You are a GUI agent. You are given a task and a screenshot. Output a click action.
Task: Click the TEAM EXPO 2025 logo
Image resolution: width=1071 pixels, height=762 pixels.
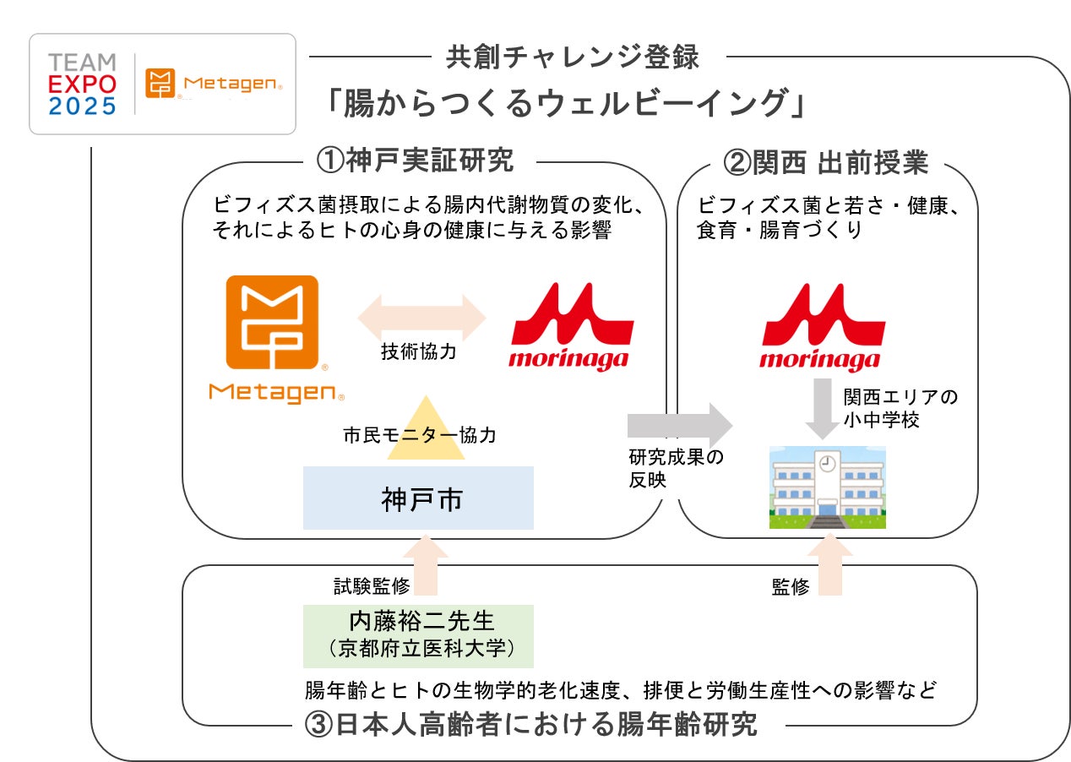point(82,84)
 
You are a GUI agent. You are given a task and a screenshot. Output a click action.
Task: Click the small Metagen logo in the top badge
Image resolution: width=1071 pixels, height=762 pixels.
point(215,84)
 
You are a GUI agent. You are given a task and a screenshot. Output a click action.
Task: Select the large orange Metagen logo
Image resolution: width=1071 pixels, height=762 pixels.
point(274,339)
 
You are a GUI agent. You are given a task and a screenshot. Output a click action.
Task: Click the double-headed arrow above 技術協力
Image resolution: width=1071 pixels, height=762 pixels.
point(422,319)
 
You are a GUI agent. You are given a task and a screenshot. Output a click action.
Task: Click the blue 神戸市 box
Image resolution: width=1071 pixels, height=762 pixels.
point(418,498)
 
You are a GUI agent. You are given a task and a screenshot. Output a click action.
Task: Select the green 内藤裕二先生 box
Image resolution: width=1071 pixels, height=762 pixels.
point(418,635)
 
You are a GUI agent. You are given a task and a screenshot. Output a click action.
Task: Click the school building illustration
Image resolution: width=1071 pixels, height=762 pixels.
point(827,487)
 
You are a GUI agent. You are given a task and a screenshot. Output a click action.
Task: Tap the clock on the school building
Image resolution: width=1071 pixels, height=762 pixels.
point(827,463)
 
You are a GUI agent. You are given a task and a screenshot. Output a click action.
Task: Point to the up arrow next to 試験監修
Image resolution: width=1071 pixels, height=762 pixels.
point(426,568)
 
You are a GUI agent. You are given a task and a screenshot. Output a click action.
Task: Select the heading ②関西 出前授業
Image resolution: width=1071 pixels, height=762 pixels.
point(827,161)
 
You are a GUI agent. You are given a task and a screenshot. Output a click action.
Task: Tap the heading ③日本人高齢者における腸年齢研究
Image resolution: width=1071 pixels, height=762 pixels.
point(530,725)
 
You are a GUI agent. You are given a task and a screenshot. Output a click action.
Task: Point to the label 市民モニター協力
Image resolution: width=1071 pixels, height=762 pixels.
point(419,436)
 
